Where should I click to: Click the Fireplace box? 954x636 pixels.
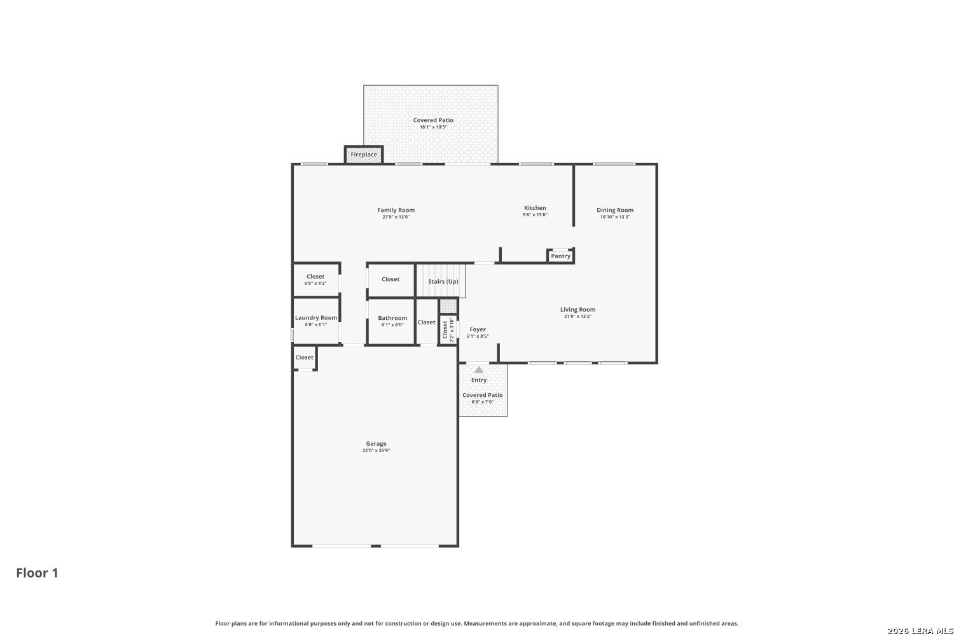tap(364, 154)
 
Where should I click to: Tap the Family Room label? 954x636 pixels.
tap(396, 210)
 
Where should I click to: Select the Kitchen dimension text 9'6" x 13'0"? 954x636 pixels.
tap(535, 215)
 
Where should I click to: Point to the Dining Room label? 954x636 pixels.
tap(615, 210)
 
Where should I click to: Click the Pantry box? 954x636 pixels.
tap(560, 256)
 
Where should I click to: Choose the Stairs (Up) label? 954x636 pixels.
tap(443, 282)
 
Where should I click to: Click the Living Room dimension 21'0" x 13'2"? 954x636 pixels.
tap(578, 316)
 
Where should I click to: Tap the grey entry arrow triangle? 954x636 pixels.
tap(479, 370)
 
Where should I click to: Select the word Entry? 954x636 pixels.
tap(479, 380)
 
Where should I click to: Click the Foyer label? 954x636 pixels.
tap(478, 329)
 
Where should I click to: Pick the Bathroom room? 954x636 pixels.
tap(391, 321)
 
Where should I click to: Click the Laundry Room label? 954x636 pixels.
tap(316, 318)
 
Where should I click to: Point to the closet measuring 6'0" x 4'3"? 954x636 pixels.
tap(316, 279)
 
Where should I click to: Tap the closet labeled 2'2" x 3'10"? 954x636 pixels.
tap(448, 329)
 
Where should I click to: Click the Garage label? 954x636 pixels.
tap(376, 443)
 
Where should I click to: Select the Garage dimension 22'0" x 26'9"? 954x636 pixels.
tap(376, 450)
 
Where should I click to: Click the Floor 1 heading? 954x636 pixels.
tap(37, 573)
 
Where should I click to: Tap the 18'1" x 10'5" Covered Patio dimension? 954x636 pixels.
tap(433, 127)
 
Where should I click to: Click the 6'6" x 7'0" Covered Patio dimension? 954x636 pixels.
tap(483, 402)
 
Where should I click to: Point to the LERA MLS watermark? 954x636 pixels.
tap(920, 631)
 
